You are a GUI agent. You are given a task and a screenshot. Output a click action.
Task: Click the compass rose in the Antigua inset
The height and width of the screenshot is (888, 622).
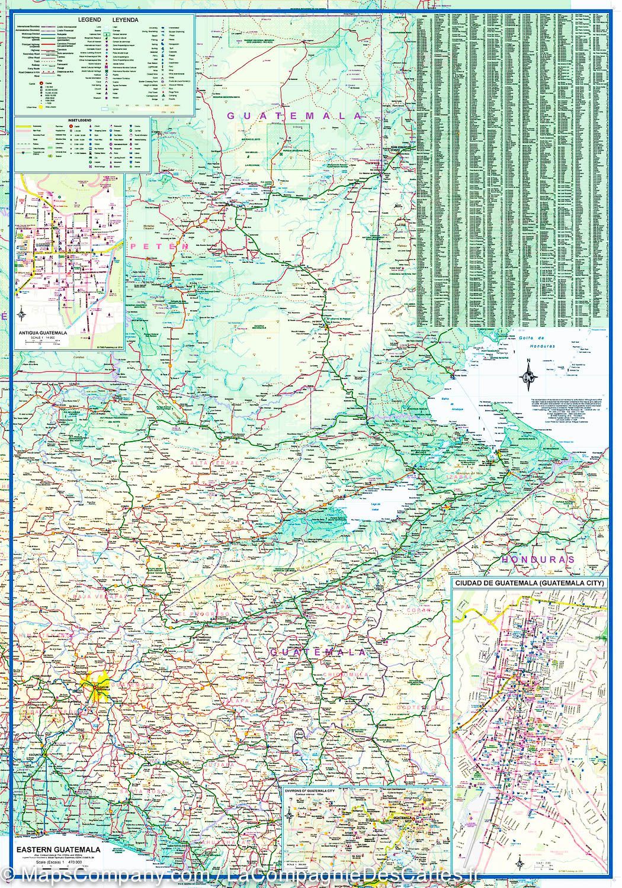click(x=22, y=314)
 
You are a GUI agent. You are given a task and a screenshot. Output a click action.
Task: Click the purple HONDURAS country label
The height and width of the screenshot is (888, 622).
click(x=538, y=559)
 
